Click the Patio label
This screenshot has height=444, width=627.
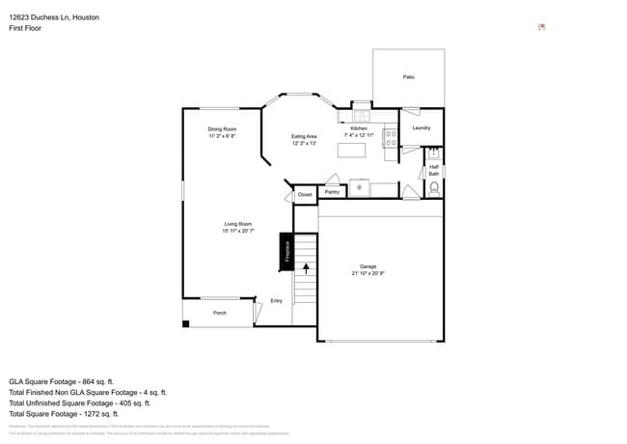[408, 76]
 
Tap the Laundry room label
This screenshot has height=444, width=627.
[422, 128]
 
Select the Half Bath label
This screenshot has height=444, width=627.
[434, 170]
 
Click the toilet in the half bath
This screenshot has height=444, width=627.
[434, 187]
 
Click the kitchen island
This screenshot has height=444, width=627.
[359, 150]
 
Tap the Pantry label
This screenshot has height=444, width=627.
[332, 192]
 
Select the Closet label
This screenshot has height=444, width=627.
[305, 195]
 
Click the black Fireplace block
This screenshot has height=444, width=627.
[286, 251]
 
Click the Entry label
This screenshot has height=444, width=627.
[277, 301]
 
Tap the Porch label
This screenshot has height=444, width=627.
[220, 313]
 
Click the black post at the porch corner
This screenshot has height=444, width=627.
[186, 322]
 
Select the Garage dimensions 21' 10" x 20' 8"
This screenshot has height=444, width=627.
[368, 274]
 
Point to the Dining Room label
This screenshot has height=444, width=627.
[222, 129]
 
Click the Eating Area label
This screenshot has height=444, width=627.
[305, 137]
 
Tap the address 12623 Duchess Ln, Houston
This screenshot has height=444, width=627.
[53, 17]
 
